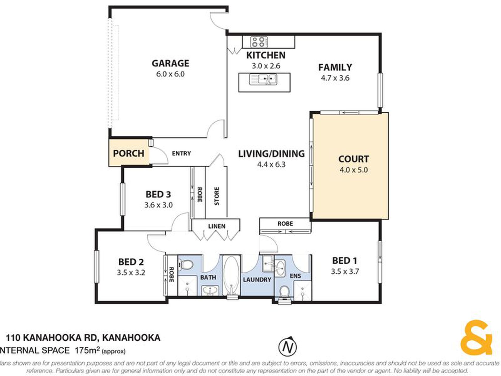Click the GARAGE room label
click(170, 63)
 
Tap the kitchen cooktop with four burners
click(259, 42)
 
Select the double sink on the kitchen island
click(263, 79)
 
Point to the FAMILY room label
click(335, 67)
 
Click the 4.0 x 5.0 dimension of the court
click(354, 170)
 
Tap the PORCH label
click(128, 153)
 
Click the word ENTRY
click(181, 153)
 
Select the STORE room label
click(216, 196)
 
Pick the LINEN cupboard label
click(217, 226)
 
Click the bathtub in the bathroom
click(231, 276)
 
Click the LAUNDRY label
click(257, 280)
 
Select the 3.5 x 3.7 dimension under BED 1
click(345, 272)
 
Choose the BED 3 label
click(158, 194)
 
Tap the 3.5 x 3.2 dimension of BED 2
click(131, 272)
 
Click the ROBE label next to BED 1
click(285, 224)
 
